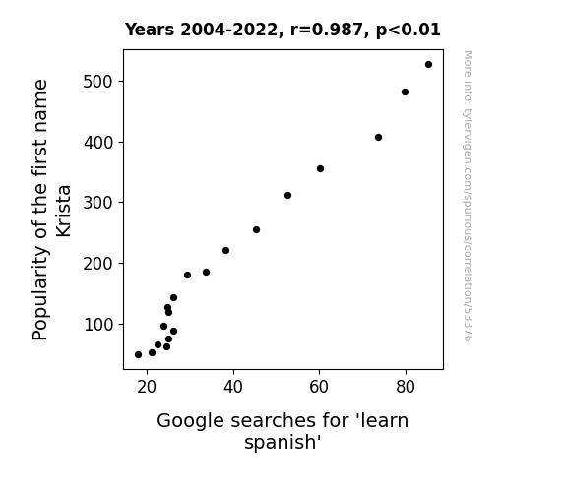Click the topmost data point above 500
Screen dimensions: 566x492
pyautogui.click(x=428, y=65)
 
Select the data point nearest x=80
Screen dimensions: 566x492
pyautogui.click(x=405, y=92)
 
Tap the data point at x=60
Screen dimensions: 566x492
pyautogui.click(x=320, y=168)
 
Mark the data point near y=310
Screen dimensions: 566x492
pyautogui.click(x=287, y=195)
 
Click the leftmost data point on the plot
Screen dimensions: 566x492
pyautogui.click(x=138, y=355)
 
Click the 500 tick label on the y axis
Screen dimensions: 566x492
pyautogui.click(x=98, y=82)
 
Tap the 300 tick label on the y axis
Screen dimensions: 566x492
pyautogui.click(x=98, y=203)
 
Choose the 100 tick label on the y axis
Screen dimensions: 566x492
pyautogui.click(x=98, y=325)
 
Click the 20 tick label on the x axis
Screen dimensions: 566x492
pyautogui.click(x=147, y=387)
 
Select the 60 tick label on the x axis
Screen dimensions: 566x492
pyautogui.click(x=319, y=387)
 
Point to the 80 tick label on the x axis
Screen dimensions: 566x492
pyautogui.click(x=406, y=387)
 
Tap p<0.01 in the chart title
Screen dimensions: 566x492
pyautogui.click(x=409, y=30)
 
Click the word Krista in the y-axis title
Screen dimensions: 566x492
pyautogui.click(x=64, y=212)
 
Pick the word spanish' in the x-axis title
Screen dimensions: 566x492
pyautogui.click(x=283, y=442)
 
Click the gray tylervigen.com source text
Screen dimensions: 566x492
pyautogui.click(x=468, y=196)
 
